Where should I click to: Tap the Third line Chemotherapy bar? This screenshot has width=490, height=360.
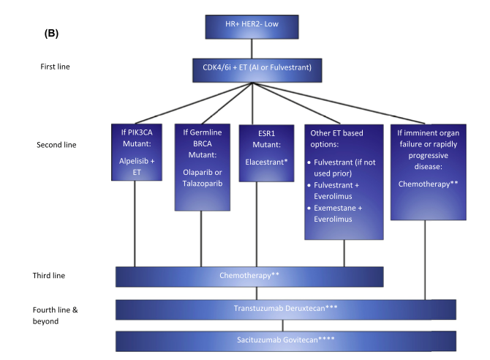click(x=249, y=276)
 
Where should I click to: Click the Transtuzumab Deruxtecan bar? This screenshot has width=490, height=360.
click(x=286, y=310)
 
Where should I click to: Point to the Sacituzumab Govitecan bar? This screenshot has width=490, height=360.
click(x=286, y=340)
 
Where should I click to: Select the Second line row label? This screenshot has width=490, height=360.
click(x=56, y=144)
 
